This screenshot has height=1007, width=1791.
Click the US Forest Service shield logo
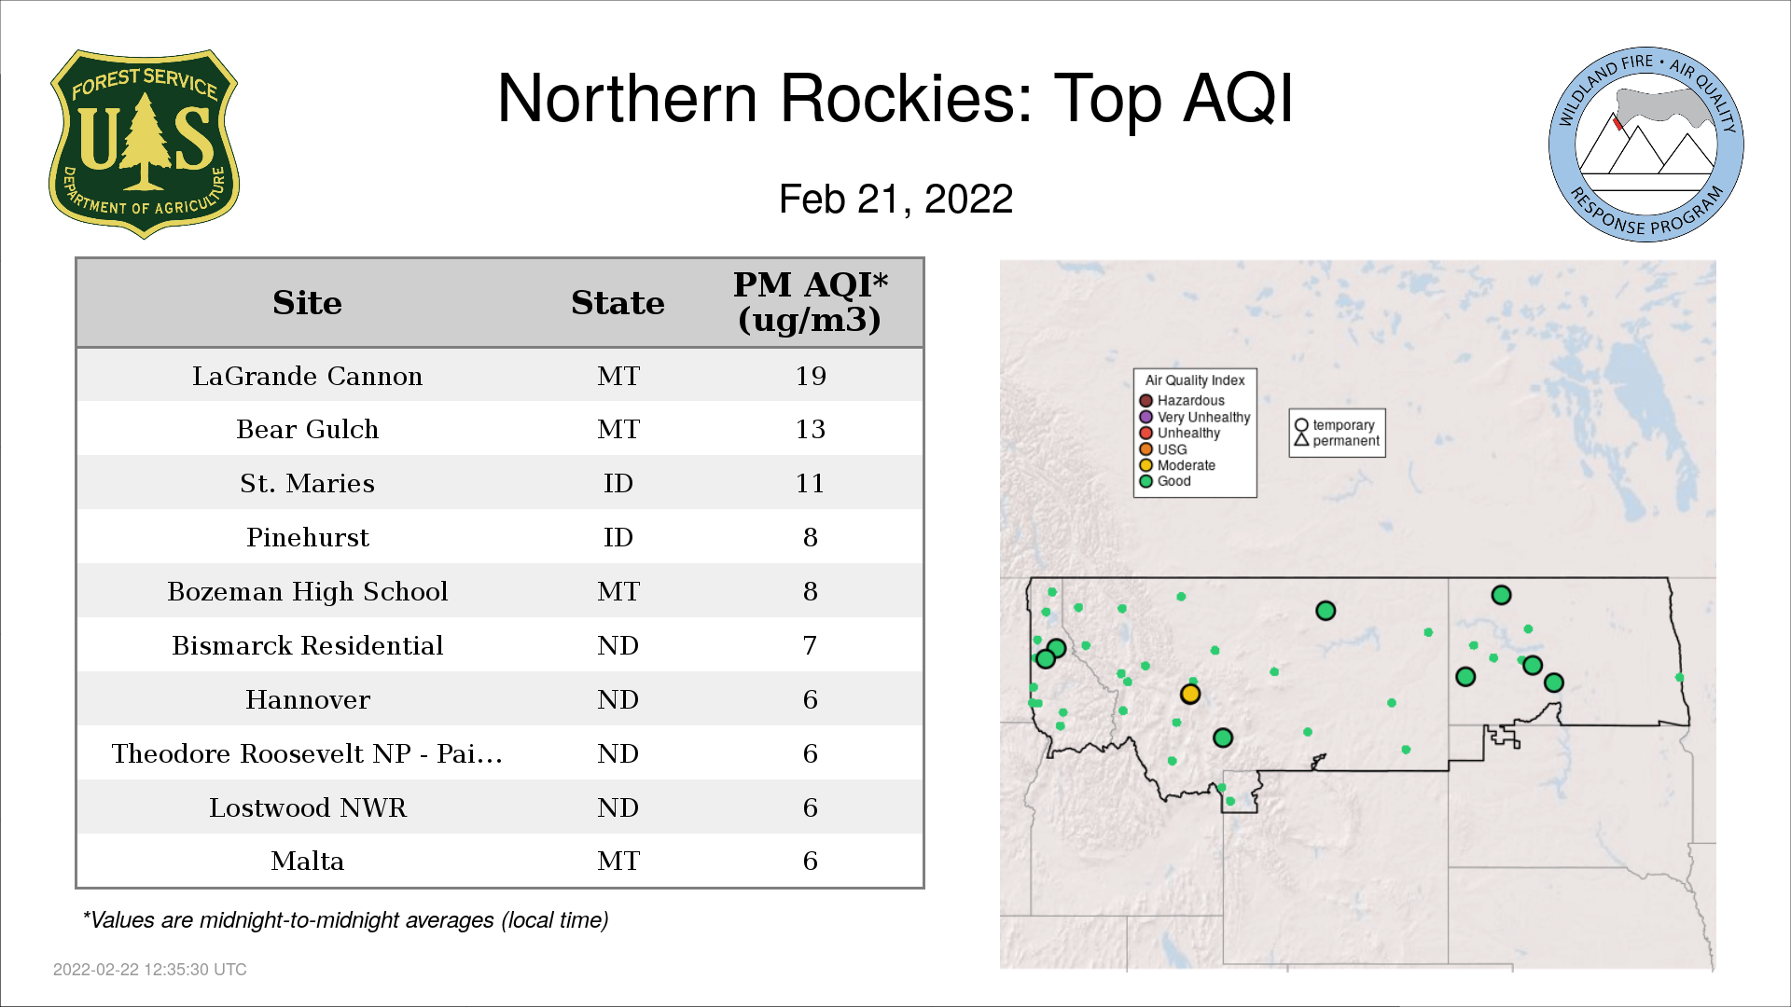click(x=144, y=144)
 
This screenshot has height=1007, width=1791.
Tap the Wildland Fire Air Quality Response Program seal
click(x=1645, y=145)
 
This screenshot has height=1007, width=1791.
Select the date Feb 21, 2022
click(x=895, y=199)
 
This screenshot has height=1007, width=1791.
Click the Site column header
click(x=307, y=303)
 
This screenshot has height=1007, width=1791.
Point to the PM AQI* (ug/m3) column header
click(x=810, y=302)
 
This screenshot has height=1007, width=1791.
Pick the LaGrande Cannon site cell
click(x=307, y=376)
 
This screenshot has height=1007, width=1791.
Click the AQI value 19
click(x=811, y=376)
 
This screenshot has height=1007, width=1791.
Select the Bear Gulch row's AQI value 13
click(x=811, y=429)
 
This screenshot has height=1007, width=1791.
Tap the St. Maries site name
click(x=307, y=483)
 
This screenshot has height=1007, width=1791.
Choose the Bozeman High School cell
click(x=307, y=591)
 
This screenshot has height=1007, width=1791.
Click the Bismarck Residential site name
click(x=307, y=645)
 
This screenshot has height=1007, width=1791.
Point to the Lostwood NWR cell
click(x=307, y=807)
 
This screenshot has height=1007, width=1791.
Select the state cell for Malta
click(x=618, y=861)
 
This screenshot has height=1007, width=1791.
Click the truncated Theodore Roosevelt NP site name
click(x=307, y=753)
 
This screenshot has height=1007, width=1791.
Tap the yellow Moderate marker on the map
click(x=1190, y=694)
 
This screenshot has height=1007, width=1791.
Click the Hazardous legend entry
click(x=1182, y=401)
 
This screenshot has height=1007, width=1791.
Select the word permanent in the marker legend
click(x=1346, y=441)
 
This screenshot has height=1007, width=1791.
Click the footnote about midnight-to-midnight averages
click(x=345, y=920)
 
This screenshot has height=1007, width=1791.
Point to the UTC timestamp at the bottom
click(x=150, y=970)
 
